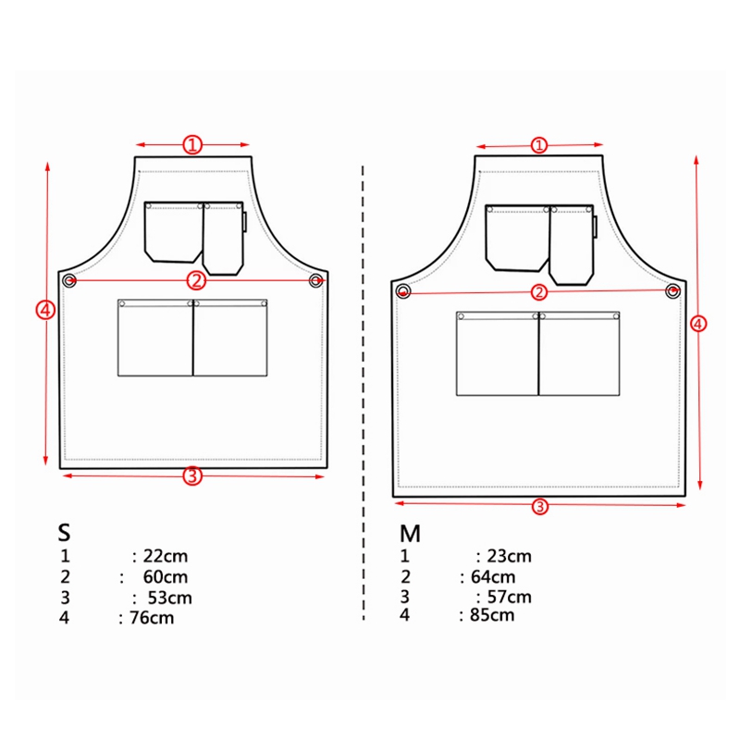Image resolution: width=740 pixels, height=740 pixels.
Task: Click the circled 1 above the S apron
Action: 192,144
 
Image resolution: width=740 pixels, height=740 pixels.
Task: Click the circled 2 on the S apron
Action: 196,279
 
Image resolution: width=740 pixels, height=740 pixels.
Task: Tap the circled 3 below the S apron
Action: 191,476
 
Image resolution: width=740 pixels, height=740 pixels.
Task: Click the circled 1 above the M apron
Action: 539,145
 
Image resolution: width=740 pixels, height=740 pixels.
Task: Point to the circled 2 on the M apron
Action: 539,292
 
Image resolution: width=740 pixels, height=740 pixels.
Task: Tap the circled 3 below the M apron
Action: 540,506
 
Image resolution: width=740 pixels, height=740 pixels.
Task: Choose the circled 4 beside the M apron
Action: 699,323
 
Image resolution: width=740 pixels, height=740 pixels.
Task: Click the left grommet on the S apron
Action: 69,279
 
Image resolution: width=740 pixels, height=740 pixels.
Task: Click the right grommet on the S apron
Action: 316,279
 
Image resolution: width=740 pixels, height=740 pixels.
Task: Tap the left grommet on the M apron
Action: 403,291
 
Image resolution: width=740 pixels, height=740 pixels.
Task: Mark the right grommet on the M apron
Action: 673,291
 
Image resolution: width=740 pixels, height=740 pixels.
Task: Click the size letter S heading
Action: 64,533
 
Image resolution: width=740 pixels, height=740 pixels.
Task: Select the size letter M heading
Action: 410,534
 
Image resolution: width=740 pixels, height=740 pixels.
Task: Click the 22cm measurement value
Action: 166,556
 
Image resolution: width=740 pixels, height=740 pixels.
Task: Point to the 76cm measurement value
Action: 151,618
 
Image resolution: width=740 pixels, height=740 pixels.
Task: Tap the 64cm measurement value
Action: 490,577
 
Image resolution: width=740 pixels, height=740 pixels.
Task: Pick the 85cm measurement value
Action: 491,614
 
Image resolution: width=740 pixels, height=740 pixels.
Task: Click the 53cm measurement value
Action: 169,598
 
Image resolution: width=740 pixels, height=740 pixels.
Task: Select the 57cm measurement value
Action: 509,597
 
